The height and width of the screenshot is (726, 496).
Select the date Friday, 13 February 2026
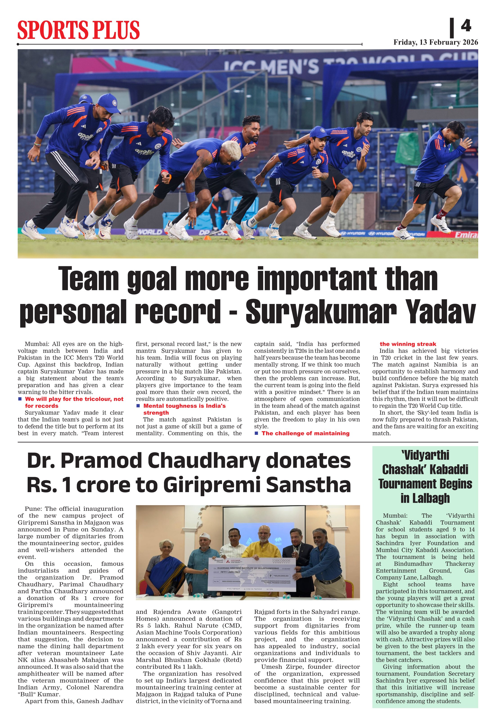click(x=435, y=42)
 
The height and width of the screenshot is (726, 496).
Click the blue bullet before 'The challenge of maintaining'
click(x=256, y=433)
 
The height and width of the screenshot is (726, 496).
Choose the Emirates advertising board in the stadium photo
click(x=466, y=235)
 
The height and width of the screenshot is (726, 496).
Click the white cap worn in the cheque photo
click(x=204, y=535)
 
